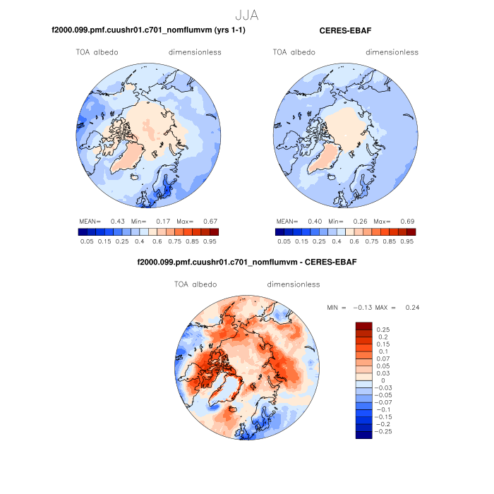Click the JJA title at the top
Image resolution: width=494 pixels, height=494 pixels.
pos(247,13)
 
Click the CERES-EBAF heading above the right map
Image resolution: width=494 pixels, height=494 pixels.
pos(345,31)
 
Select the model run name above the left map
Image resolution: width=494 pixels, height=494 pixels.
pos(148,31)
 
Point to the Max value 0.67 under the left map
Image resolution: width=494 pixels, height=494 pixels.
pos(210,221)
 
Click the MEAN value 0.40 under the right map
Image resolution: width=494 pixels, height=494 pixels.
pos(315,221)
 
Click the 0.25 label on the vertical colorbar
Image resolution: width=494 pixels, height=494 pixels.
pos(383,330)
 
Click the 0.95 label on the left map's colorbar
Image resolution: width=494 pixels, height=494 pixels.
pos(210,241)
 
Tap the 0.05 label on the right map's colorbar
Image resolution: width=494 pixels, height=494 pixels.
pos(284,241)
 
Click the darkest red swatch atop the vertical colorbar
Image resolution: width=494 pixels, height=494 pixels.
pos(363,325)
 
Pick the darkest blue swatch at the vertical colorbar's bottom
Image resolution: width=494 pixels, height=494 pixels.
pos(363,435)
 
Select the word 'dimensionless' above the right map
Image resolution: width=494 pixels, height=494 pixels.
pos(392,52)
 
